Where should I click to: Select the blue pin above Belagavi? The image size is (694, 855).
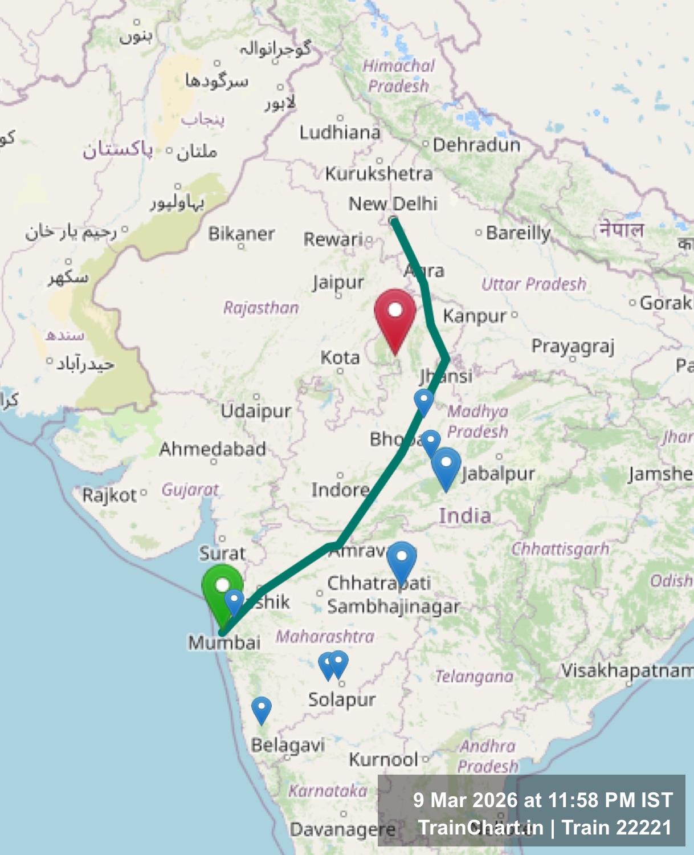pyautogui.click(x=262, y=709)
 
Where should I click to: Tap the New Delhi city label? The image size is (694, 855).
pyautogui.click(x=393, y=203)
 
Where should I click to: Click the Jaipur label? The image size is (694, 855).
pyautogui.click(x=338, y=282)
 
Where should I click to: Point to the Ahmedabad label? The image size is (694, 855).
pyautogui.click(x=213, y=449)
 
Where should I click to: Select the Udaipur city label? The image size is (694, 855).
pyautogui.click(x=256, y=410)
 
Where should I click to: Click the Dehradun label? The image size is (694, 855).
pyautogui.click(x=476, y=145)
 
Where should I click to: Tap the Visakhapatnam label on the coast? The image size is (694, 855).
pyautogui.click(x=627, y=670)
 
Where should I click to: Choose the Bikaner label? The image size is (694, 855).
pyautogui.click(x=241, y=234)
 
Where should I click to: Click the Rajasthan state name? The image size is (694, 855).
pyautogui.click(x=261, y=308)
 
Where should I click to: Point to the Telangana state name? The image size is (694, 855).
pyautogui.click(x=474, y=677)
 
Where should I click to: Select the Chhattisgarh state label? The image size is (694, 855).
pyautogui.click(x=560, y=549)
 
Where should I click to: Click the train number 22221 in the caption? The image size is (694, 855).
pyautogui.click(x=645, y=827)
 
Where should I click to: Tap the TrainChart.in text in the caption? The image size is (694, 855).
pyautogui.click(x=480, y=827)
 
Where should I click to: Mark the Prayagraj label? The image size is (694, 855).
pyautogui.click(x=573, y=346)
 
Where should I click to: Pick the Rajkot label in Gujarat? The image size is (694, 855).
pyautogui.click(x=109, y=495)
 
